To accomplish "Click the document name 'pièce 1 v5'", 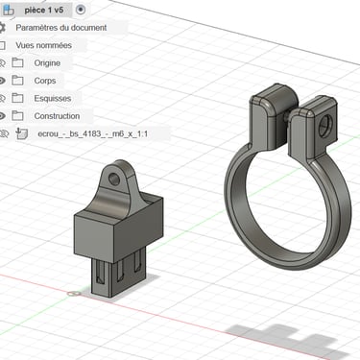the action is tap(44, 11).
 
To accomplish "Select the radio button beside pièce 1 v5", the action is tap(81, 10).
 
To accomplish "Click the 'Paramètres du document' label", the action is tap(61, 28).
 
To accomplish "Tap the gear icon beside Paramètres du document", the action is tap(2, 28).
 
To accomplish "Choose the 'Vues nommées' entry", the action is tap(43, 45).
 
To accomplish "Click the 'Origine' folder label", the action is tap(47, 63).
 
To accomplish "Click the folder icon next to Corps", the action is tap(17, 81).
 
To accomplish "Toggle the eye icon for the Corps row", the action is tap(2, 81).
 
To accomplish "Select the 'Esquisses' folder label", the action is tap(53, 98).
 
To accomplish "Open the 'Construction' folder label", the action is tap(57, 116).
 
